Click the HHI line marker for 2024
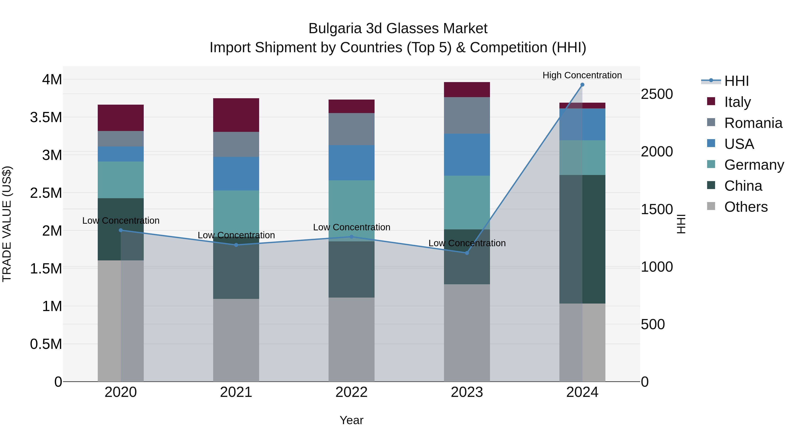(x=582, y=85)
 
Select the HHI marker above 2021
(x=236, y=245)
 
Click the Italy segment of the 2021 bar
(x=236, y=115)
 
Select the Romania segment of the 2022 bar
(x=351, y=129)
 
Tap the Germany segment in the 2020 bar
(x=121, y=180)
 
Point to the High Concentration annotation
(x=582, y=75)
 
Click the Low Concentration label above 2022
(x=351, y=227)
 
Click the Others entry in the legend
(x=746, y=207)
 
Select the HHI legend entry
(x=736, y=81)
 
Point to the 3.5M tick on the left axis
(x=46, y=117)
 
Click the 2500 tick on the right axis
(x=657, y=94)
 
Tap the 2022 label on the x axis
(x=351, y=392)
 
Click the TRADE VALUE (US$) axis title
(x=7, y=224)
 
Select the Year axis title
(x=351, y=420)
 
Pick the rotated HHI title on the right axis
(x=681, y=224)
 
